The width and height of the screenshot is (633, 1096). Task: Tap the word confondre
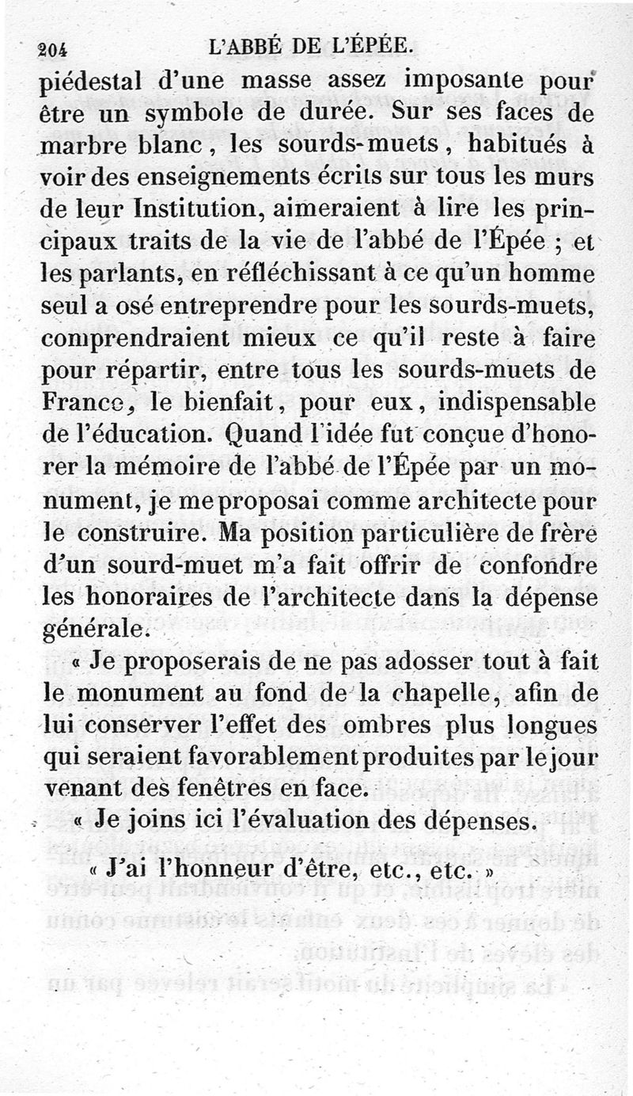tap(540, 562)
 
